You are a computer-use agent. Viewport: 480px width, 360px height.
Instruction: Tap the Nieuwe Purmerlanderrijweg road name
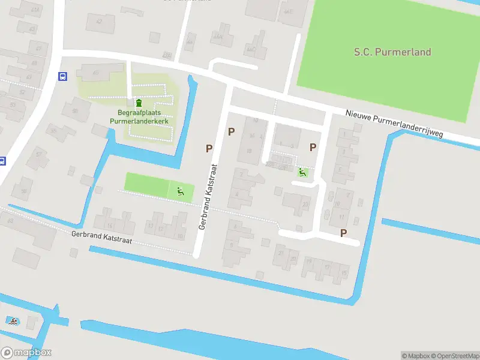point(395,124)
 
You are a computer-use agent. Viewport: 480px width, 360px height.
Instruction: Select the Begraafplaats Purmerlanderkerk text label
point(139,116)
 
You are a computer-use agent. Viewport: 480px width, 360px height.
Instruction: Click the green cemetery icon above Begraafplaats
point(139,103)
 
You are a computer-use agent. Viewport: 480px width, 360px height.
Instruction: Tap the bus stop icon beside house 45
point(62,76)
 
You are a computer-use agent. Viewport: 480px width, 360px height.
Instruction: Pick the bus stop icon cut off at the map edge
point(2,161)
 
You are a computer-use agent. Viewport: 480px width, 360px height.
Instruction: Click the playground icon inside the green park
point(180,191)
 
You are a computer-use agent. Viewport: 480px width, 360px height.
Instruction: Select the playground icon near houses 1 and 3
point(302,173)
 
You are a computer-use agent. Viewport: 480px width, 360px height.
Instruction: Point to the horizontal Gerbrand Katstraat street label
point(101,238)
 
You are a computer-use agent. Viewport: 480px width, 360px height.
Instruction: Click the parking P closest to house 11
point(343,233)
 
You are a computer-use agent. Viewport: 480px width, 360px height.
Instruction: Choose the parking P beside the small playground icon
point(313,147)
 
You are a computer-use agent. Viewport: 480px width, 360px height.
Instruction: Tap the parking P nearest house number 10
point(231,131)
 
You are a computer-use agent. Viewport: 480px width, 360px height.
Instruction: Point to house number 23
point(305,205)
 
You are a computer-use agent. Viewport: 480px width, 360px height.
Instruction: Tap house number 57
point(40,154)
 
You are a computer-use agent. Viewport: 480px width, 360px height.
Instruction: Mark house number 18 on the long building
point(249,151)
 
